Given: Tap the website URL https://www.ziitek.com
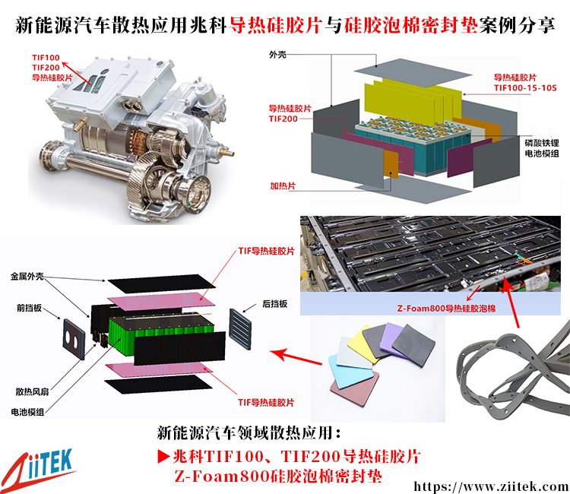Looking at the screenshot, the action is point(491,486).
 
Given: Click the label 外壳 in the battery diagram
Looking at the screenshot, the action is point(277,55).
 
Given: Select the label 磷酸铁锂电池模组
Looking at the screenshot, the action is point(542,148).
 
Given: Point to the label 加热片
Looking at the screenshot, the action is point(283,185).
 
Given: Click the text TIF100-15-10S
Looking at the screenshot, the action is point(525,87).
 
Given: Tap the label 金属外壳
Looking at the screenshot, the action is point(27,277).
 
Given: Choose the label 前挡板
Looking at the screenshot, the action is point(29,308).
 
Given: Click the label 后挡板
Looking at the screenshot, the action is point(275,303).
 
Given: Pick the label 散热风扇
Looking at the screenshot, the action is point(32,391).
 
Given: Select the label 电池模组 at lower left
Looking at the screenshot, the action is point(27,412).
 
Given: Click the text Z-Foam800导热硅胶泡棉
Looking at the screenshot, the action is point(446,309).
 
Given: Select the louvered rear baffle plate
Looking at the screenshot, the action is point(240,329).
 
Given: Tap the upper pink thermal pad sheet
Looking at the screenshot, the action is point(161,301).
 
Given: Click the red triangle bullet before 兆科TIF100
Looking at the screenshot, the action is point(163,456).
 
